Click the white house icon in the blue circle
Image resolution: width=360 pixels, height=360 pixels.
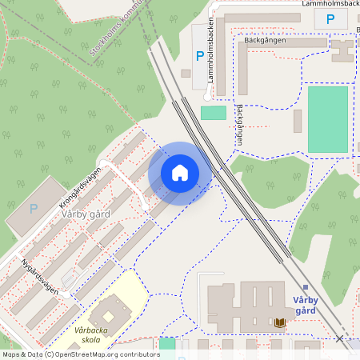click(x=180, y=173)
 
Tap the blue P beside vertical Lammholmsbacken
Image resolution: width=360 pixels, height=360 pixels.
click(x=199, y=56)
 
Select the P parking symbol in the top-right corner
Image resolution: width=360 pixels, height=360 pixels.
click(x=330, y=20)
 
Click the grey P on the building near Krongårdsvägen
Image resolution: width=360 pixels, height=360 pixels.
click(x=33, y=209)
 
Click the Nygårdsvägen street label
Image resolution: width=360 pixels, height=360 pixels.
click(x=40, y=277)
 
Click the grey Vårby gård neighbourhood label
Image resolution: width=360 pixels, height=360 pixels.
click(x=86, y=214)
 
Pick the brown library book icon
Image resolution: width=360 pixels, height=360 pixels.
click(x=280, y=322)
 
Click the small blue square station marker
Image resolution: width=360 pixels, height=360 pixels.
click(x=305, y=287)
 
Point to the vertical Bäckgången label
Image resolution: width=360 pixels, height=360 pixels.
click(x=238, y=123)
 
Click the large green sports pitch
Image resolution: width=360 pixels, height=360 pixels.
click(x=328, y=119)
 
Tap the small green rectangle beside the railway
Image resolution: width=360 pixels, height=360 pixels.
click(x=213, y=113)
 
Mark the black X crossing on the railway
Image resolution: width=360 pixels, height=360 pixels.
click(x=340, y=339)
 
